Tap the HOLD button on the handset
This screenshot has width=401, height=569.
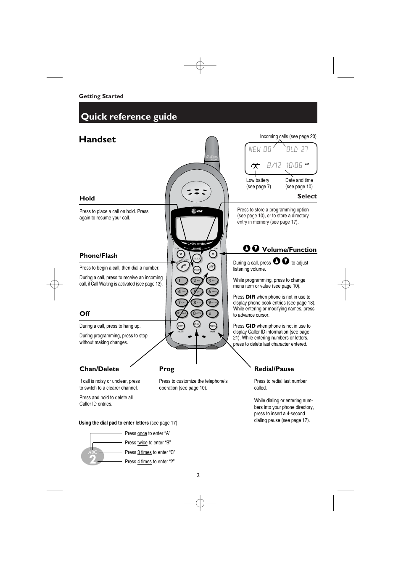coord(197,270)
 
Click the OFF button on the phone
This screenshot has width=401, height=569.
coord(211,267)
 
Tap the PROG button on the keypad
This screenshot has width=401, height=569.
coord(197,323)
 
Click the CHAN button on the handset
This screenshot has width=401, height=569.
coord(181,326)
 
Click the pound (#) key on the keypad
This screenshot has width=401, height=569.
coord(212,313)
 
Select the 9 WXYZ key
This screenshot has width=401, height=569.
coord(212,302)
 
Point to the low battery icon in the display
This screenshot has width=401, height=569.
coord(255,166)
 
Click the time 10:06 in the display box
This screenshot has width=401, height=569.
coord(294,165)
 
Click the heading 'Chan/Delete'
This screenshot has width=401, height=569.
coord(99,369)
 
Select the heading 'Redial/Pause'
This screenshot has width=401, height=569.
coord(274,369)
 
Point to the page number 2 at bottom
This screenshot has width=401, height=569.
coord(198,475)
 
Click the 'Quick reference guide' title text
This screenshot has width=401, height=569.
coord(129,117)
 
